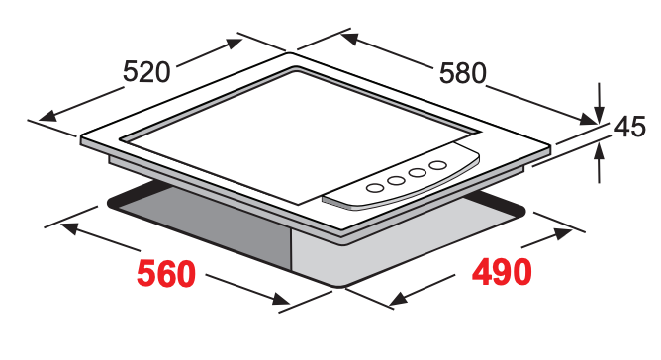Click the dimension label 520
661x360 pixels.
pos(146,71)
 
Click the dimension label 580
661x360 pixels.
pos(463,73)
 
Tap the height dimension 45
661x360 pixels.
pos(629,127)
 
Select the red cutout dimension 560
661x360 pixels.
pos(166,274)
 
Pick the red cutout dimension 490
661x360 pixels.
pos(502,272)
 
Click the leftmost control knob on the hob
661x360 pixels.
pos(374,187)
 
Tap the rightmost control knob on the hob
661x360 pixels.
pos(438,165)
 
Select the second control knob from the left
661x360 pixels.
pos(396,180)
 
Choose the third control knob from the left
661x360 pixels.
pos(418,172)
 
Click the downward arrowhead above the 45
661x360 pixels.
pos(599,114)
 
